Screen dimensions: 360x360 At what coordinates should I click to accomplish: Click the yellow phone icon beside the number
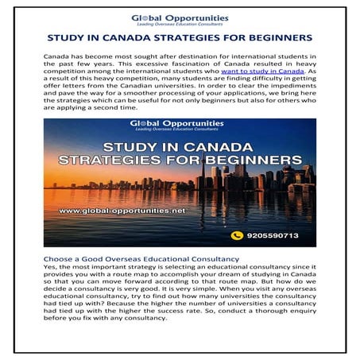pyautogui.click(x=236, y=235)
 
